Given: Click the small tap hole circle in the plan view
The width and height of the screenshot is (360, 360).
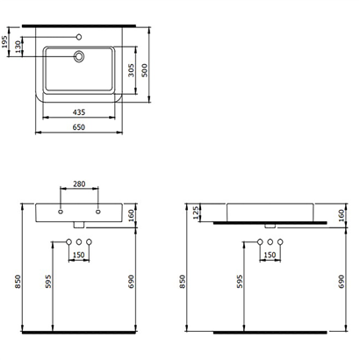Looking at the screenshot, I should pyautogui.click(x=79, y=38).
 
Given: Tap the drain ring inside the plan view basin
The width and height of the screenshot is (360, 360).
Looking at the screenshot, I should pyautogui.click(x=79, y=56).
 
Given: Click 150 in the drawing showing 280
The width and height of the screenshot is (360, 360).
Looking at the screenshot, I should pyautogui.click(x=81, y=256).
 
